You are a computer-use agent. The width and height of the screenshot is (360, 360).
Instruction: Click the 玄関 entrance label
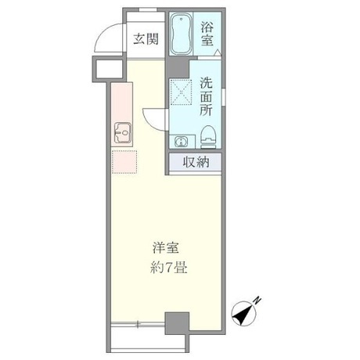coord(142,39)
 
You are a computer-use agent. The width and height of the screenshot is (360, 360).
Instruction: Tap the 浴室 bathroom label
coord(208,34)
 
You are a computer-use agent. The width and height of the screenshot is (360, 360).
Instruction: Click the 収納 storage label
coord(196,163)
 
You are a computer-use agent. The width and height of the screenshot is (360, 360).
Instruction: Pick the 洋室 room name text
coord(167,248)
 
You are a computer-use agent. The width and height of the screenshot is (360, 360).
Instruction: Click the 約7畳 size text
coord(168,267)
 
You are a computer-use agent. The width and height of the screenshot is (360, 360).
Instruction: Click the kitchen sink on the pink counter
coord(123,134)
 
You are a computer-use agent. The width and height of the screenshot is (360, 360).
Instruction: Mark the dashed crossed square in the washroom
coord(182,93)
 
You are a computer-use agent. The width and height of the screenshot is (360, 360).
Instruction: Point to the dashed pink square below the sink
coord(123,162)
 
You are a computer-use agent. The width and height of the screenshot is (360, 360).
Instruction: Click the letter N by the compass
coord(259,303)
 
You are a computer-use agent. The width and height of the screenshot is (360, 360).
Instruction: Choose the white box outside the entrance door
coord(106,70)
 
